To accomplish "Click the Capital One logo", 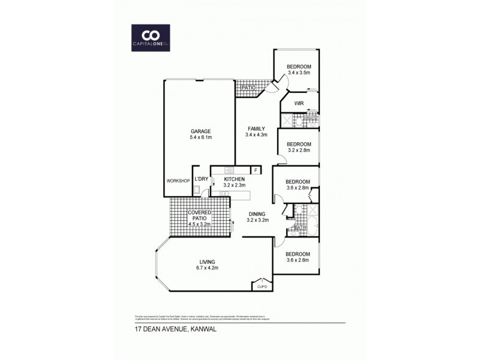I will click(x=151, y=37).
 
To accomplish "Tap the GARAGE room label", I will click(x=201, y=131).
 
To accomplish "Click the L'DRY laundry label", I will click(x=201, y=179).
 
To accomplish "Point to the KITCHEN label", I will click(x=234, y=179).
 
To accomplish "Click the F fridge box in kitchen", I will click(x=256, y=170).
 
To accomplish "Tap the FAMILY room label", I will click(x=255, y=128).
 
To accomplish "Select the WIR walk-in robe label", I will click(x=299, y=104).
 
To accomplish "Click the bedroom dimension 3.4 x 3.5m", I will click(x=298, y=73).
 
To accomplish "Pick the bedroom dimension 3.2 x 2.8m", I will click(x=298, y=151).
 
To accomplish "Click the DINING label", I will click(x=257, y=214).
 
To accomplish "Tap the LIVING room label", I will click(x=208, y=262).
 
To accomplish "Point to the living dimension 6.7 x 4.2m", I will click(x=208, y=268).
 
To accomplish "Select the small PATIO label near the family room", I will click(x=248, y=88).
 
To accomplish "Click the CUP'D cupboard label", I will click(x=262, y=287).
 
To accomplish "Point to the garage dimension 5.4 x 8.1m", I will click(x=201, y=137).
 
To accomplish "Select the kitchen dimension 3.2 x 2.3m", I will click(x=234, y=185).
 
